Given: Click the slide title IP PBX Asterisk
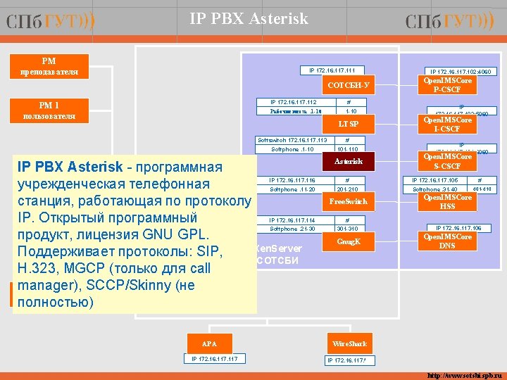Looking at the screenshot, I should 249,19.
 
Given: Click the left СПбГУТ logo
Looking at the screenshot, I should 50,23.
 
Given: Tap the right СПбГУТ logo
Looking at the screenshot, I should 449,23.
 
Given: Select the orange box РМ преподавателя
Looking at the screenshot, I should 49,67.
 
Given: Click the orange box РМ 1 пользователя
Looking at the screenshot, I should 49,110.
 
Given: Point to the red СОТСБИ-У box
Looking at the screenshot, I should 348,87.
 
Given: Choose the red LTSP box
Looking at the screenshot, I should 348,124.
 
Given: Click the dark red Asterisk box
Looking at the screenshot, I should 348,162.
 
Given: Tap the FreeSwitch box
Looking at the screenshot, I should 348,202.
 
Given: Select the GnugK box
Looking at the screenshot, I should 348,241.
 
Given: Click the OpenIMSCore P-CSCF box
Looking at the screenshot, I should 447,85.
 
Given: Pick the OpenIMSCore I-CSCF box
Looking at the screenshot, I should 447,125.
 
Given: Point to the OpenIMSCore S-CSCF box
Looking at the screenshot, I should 447,162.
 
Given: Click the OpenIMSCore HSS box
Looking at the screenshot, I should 447,202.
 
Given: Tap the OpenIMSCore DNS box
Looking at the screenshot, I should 447,241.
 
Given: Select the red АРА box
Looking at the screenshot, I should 209,344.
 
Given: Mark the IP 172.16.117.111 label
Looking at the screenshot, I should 332,70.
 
